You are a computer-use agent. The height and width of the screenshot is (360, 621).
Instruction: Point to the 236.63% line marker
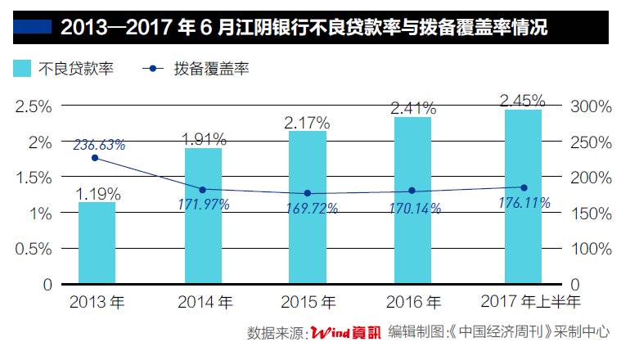tap(95, 158)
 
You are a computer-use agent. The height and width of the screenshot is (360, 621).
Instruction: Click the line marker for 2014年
tap(202, 189)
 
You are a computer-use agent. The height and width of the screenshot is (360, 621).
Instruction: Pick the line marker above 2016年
tap(412, 191)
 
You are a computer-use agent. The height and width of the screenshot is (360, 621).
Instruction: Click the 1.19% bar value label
tap(98, 195)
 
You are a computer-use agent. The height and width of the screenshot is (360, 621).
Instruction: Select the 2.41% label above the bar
tap(412, 107)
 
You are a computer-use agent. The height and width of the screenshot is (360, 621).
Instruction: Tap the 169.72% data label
tap(308, 209)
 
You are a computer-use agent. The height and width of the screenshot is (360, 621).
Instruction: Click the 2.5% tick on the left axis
tap(34, 106)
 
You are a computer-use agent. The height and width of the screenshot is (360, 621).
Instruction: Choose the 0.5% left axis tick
tap(34, 249)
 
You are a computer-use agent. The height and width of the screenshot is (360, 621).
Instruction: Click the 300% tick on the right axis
tap(592, 106)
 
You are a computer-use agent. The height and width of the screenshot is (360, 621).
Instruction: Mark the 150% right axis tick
tap(592, 214)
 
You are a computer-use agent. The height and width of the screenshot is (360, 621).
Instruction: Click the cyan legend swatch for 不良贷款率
tap(21, 69)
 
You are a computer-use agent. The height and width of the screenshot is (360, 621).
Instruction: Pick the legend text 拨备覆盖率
tap(211, 70)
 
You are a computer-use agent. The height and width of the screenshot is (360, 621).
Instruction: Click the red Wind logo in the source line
tap(331, 333)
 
